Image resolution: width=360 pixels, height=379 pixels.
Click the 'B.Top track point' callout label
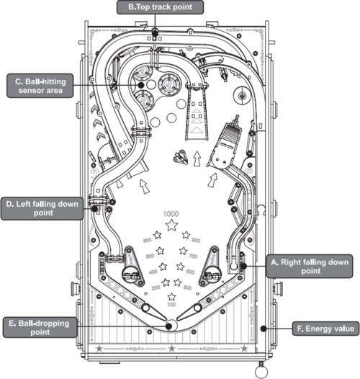[160, 7]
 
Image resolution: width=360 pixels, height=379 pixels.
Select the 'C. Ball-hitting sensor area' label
[40, 86]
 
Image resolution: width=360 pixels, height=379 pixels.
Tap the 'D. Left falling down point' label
[42, 209]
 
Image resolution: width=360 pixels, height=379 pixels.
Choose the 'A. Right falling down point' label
[310, 266]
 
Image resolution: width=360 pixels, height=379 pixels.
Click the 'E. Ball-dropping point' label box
[40, 328]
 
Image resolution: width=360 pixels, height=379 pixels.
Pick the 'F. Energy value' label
[325, 329]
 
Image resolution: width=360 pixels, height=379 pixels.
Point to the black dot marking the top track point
[155, 32]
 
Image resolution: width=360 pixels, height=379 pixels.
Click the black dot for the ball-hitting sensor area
[141, 85]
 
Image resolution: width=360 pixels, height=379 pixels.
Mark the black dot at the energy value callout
[264, 329]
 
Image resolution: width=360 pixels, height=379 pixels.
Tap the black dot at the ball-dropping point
[169, 326]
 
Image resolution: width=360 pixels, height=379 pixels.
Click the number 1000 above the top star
[171, 214]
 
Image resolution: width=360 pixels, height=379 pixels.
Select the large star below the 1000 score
[171, 225]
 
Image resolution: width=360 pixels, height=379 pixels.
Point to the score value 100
[171, 304]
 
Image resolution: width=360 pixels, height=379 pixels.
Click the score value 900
[196, 240]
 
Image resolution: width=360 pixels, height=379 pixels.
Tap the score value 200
[156, 287]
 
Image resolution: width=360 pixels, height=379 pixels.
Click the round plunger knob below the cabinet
[261, 371]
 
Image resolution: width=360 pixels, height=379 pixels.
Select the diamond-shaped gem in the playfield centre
[181, 157]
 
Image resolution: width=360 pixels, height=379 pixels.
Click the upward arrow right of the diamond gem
[197, 159]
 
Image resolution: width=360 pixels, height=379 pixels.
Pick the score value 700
[193, 256]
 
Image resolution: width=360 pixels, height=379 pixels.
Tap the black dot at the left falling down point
[94, 209]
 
